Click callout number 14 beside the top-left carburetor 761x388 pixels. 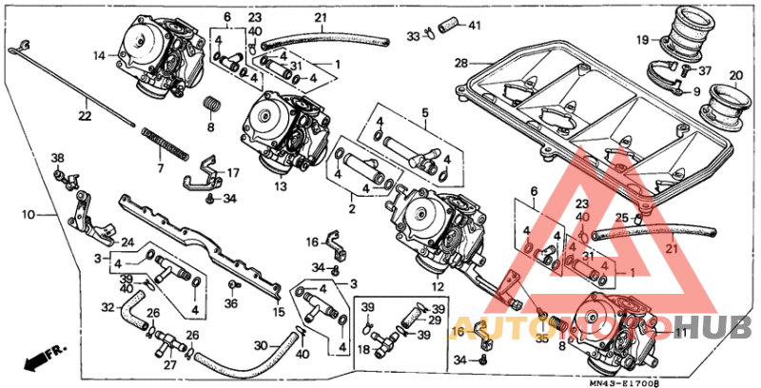pyautogui.click(x=98, y=56)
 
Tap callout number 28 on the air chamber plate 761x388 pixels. pyautogui.click(x=460, y=63)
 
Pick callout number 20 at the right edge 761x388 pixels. pyautogui.click(x=734, y=76)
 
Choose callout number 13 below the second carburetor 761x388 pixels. pyautogui.click(x=281, y=186)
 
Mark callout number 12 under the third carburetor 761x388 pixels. pyautogui.click(x=437, y=286)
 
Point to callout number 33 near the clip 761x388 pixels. pyautogui.click(x=413, y=36)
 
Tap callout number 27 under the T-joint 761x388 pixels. pyautogui.click(x=170, y=363)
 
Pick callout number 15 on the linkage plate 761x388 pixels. pyautogui.click(x=278, y=311)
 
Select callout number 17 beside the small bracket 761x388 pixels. pyautogui.click(x=233, y=173)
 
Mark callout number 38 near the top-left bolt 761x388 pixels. pyautogui.click(x=56, y=157)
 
